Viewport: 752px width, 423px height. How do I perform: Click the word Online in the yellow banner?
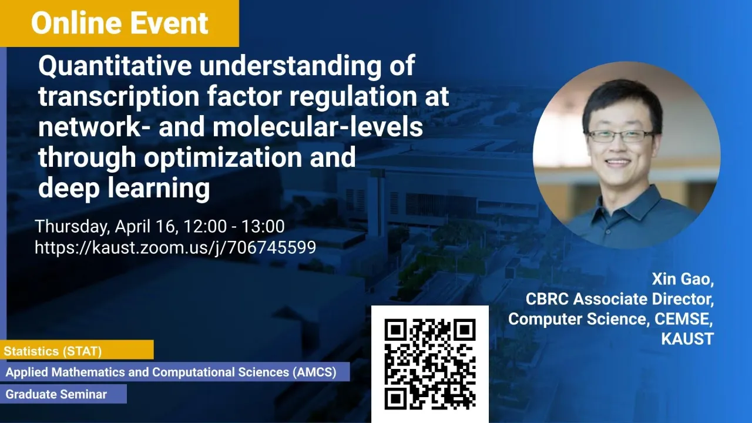(x=76, y=23)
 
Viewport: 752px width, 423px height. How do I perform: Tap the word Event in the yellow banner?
(x=169, y=23)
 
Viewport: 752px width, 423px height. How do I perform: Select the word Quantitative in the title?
(x=115, y=66)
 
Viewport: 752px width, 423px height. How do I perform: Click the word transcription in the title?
(x=119, y=97)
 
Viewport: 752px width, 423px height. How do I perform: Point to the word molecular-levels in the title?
(x=318, y=127)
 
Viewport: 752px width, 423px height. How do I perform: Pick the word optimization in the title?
(x=223, y=157)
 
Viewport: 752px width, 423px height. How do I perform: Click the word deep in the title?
(x=69, y=188)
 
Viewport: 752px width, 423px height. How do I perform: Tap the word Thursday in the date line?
(x=72, y=227)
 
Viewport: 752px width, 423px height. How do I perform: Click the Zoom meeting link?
(x=175, y=248)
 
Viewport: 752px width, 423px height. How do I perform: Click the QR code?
(x=430, y=364)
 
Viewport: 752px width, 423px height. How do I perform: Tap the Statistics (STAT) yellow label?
(x=77, y=350)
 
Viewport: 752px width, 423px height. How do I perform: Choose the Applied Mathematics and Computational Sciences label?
(x=175, y=372)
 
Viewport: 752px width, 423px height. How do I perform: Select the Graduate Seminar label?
(x=63, y=394)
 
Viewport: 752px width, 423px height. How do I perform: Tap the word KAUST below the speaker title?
(x=687, y=339)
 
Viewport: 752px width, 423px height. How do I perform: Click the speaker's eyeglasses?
(x=620, y=136)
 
